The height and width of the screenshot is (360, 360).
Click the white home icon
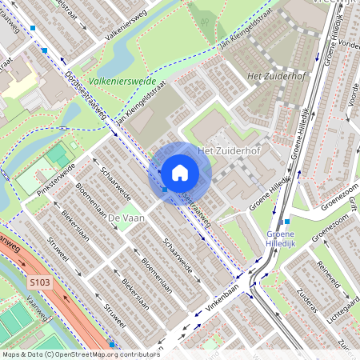click(180, 172)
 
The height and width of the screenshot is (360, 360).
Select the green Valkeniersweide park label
click(121, 82)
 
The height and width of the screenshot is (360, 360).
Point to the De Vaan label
click(125, 218)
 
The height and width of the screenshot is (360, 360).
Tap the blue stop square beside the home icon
click(165, 190)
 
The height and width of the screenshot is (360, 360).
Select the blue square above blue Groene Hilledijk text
click(286, 221)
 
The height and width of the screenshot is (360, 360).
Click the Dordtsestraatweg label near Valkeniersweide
click(86, 98)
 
